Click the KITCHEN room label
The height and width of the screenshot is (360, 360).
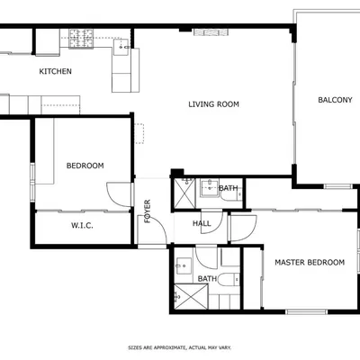[x=55, y=71]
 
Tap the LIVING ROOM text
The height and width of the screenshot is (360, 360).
[x=213, y=104]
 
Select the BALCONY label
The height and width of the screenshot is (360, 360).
[x=335, y=100]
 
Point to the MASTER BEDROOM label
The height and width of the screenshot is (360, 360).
[x=309, y=262]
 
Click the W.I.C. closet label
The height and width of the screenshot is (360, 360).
[x=82, y=226]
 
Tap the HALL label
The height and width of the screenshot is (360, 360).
[x=202, y=223]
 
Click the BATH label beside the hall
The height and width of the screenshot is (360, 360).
[x=229, y=188]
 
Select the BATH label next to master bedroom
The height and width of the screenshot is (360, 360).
[x=207, y=279]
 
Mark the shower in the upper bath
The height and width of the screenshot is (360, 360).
[x=184, y=190]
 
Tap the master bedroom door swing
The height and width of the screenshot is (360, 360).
[x=241, y=229]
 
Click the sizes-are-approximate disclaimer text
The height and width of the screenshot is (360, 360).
[x=179, y=346]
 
